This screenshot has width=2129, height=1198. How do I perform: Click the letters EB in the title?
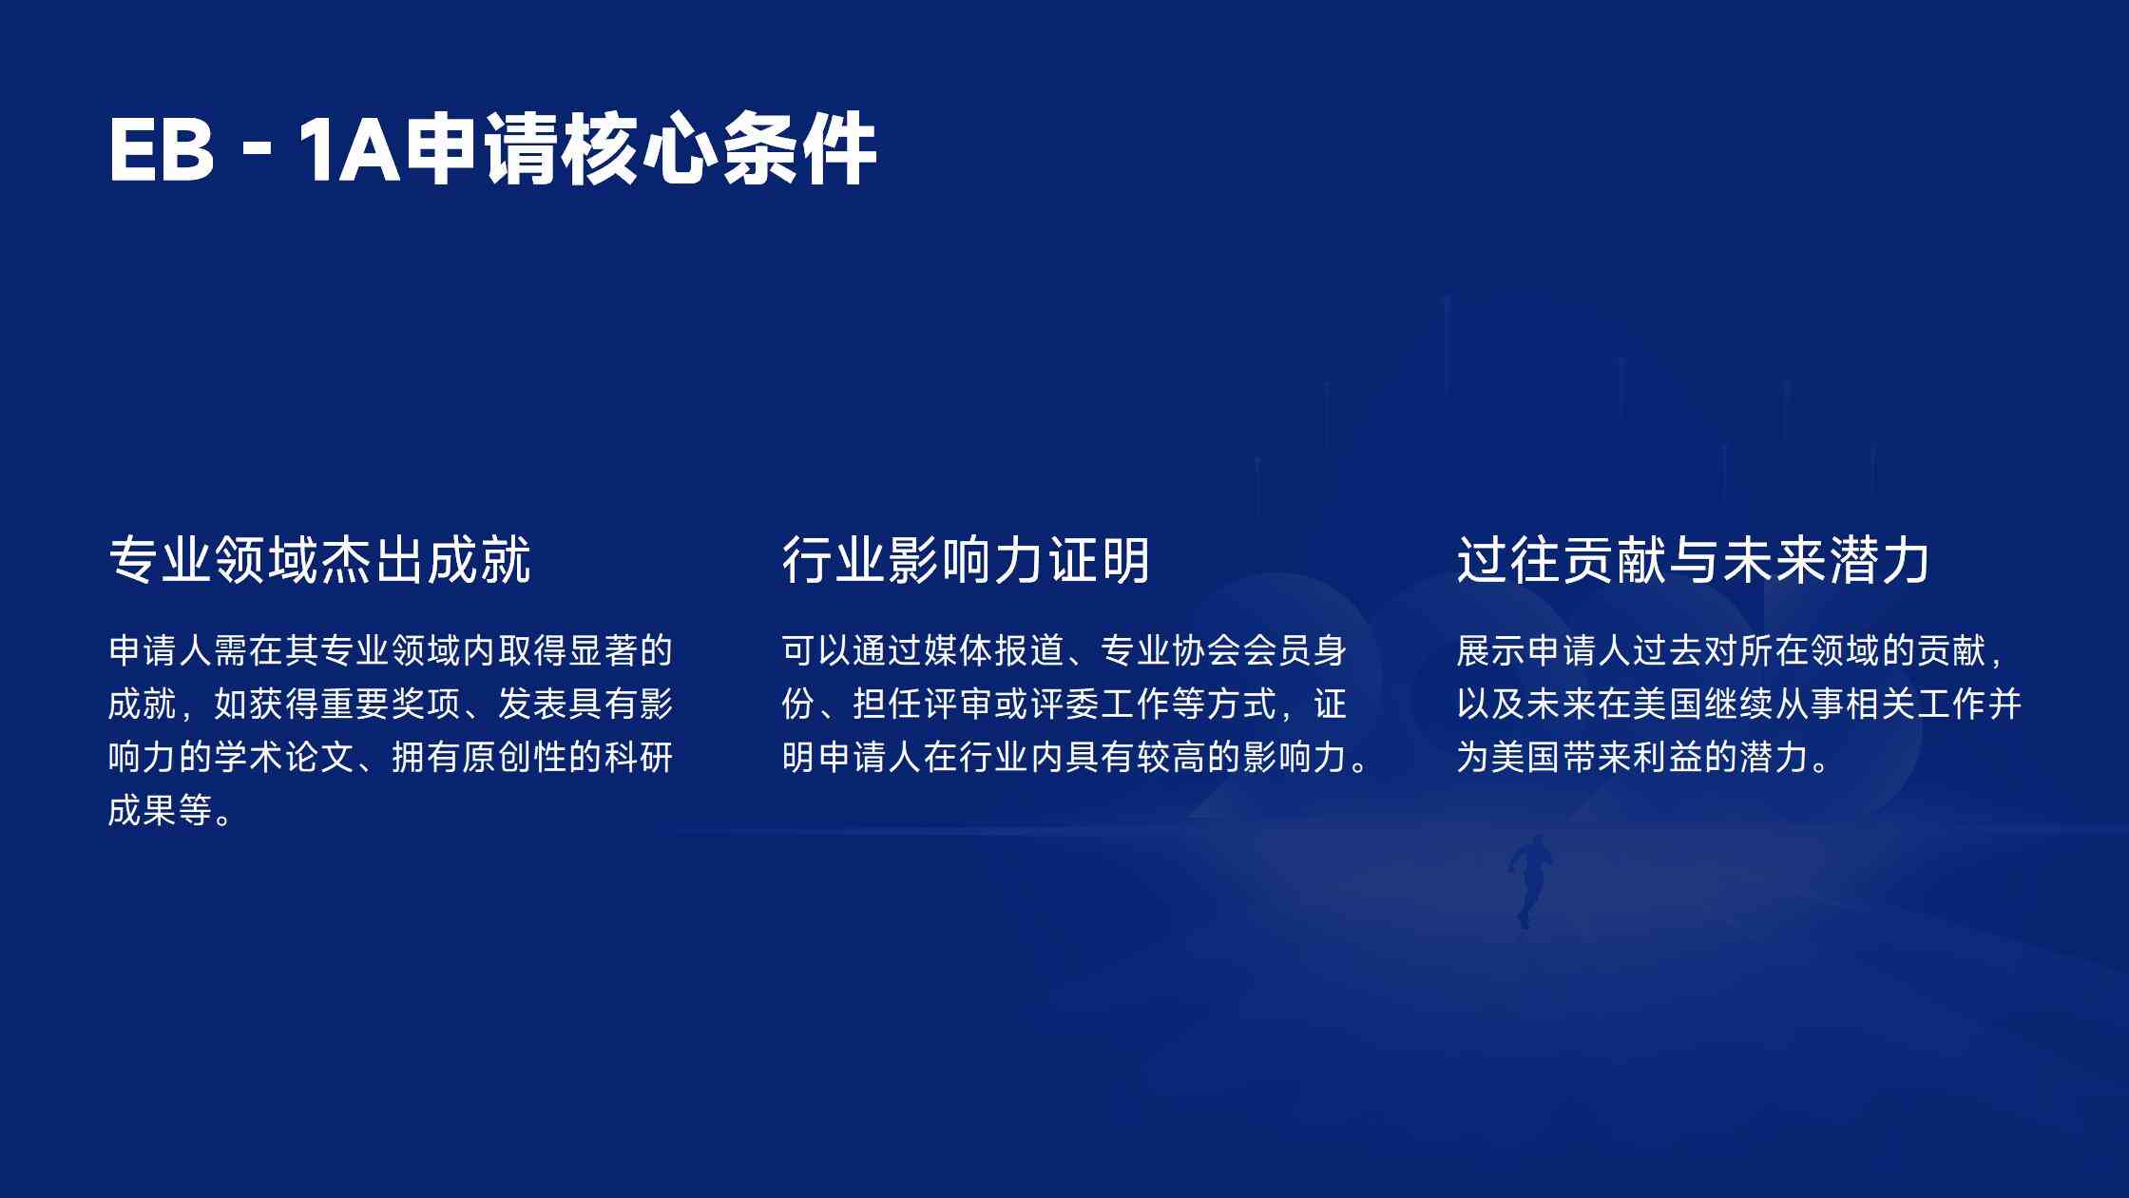[x=162, y=149]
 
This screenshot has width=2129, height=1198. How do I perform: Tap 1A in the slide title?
[x=349, y=149]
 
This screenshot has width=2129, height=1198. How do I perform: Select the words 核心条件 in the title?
[x=718, y=149]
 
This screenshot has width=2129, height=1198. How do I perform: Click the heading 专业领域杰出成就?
[x=320, y=559]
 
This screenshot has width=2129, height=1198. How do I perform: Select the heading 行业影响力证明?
[x=966, y=559]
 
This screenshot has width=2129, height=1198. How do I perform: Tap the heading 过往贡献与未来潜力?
[x=1693, y=559]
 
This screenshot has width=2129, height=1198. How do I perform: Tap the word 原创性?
[x=514, y=758]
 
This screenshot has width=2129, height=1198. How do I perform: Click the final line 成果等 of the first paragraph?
[x=161, y=811]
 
